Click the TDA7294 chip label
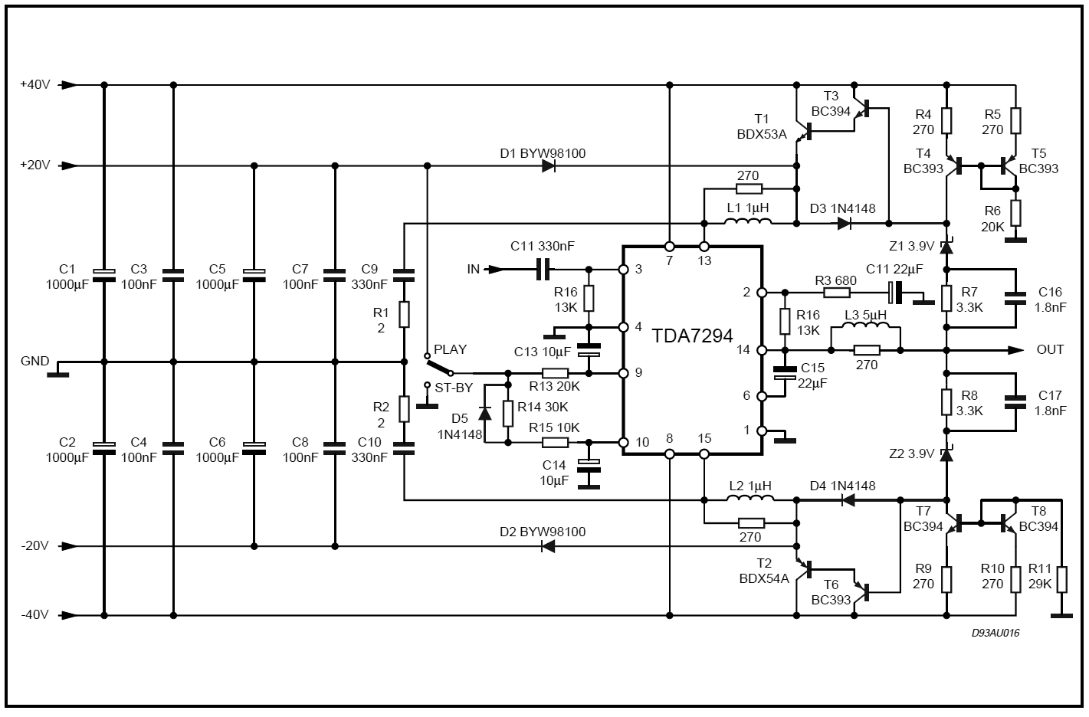point(692,336)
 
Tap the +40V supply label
point(35,85)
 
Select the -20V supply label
point(34,546)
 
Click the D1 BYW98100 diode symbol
point(548,165)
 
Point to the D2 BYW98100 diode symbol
point(548,546)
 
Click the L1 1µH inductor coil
point(748,222)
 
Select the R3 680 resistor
point(836,292)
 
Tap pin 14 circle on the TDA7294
point(762,350)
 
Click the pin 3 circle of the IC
point(623,270)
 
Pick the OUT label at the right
point(1050,349)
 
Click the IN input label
point(473,269)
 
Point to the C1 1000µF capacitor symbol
point(103,274)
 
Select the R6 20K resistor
point(1015,212)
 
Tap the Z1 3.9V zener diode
point(946,246)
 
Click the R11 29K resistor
point(1061,579)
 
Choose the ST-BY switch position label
point(452,388)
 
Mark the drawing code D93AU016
point(995,633)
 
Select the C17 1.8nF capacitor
point(1015,401)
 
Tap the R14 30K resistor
point(507,413)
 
